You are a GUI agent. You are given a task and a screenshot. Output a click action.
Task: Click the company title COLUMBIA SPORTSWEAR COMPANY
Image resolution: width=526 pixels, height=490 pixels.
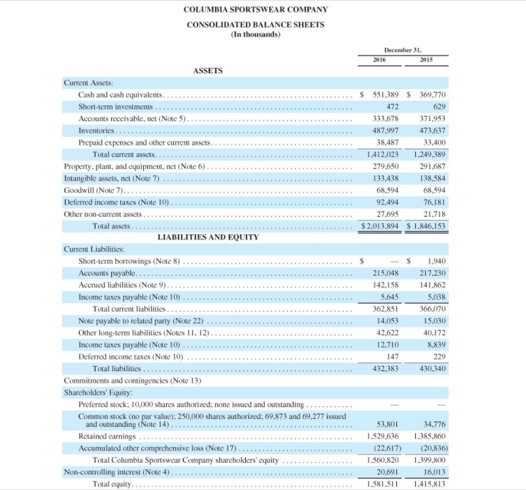pos(256,9)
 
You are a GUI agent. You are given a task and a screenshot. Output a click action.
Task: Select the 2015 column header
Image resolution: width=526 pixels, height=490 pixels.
pos(427,59)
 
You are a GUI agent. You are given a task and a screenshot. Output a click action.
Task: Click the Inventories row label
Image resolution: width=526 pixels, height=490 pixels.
pos(96,131)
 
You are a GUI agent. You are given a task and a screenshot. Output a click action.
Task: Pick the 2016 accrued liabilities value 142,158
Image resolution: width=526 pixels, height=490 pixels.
pos(385,285)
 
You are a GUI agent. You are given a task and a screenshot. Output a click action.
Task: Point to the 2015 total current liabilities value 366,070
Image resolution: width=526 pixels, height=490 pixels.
pos(434,309)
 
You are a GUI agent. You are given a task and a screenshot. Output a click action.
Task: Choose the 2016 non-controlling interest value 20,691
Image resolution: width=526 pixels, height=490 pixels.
pos(387,471)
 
